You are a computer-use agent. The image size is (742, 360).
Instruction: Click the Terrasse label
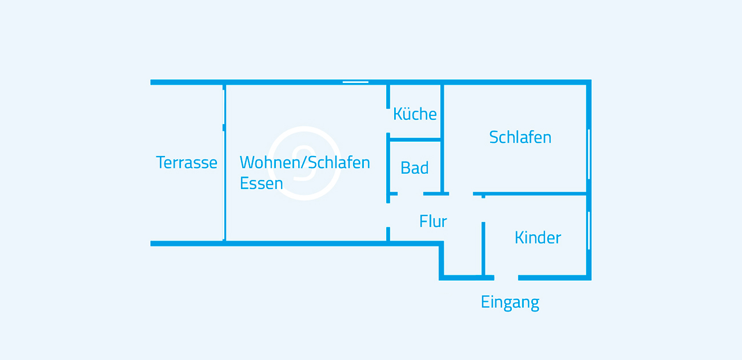[x=186, y=162]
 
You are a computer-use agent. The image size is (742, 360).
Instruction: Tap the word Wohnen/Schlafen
[x=305, y=162]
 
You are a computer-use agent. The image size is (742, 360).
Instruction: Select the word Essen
[x=262, y=183]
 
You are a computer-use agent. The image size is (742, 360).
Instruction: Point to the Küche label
[x=415, y=114]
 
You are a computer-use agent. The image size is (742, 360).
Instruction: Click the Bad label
[x=414, y=168]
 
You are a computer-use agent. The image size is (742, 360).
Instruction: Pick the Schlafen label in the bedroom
[x=520, y=137]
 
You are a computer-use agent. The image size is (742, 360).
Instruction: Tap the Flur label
[x=433, y=221]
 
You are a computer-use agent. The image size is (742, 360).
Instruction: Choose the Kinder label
[x=538, y=238]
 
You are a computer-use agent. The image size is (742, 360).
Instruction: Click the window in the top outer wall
[x=355, y=82]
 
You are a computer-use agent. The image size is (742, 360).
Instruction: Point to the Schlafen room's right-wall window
[x=589, y=154]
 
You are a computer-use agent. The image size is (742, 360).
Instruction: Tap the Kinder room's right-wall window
[x=589, y=230]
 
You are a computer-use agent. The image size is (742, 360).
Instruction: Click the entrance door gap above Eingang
[x=506, y=278]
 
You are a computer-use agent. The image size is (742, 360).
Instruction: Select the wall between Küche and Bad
[x=414, y=139]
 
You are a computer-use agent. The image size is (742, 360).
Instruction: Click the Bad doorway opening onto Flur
[x=411, y=194]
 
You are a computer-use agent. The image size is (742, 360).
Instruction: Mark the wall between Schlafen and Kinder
[x=530, y=194]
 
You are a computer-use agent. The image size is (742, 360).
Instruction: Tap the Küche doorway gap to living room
[x=388, y=121]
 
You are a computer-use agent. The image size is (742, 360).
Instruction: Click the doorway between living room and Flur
[x=388, y=215]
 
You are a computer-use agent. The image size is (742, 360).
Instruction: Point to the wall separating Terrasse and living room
[x=224, y=162]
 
